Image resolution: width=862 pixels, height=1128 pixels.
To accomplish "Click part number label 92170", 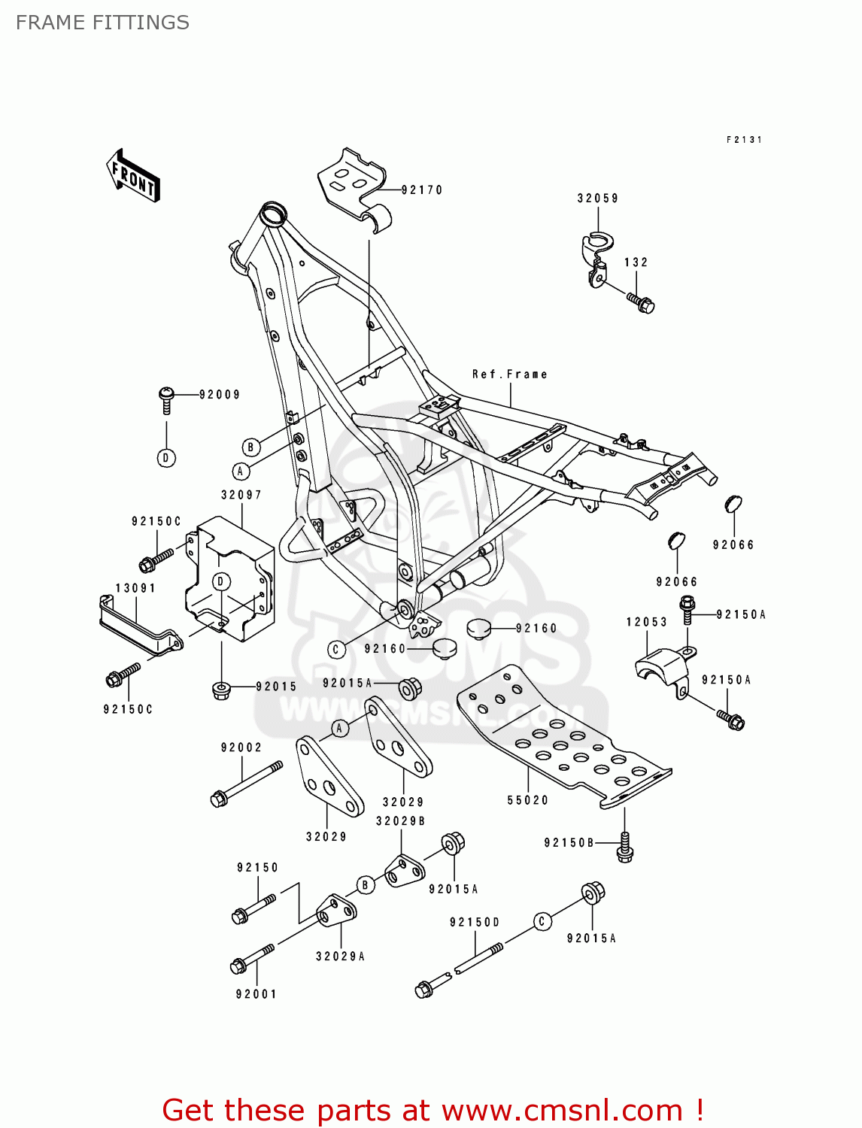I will click(422, 190).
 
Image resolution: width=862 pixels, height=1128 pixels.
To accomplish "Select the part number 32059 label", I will click(598, 199).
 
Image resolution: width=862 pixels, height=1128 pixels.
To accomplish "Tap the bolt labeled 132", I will click(641, 302).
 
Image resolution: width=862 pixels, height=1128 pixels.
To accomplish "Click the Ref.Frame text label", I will click(509, 374).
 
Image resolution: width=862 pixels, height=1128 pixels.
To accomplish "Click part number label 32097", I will click(241, 495).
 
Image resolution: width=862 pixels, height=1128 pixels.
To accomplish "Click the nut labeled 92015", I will click(221, 689).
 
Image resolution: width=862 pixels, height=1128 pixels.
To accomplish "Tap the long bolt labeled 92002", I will click(246, 784).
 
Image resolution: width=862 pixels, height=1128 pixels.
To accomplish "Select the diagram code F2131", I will click(744, 140).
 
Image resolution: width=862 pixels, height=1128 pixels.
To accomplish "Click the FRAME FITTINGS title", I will click(102, 23).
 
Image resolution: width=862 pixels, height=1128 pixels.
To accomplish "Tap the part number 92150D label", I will click(475, 922).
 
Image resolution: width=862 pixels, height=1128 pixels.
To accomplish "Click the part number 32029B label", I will click(400, 821).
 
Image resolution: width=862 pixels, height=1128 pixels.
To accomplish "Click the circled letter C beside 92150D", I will click(542, 921).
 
